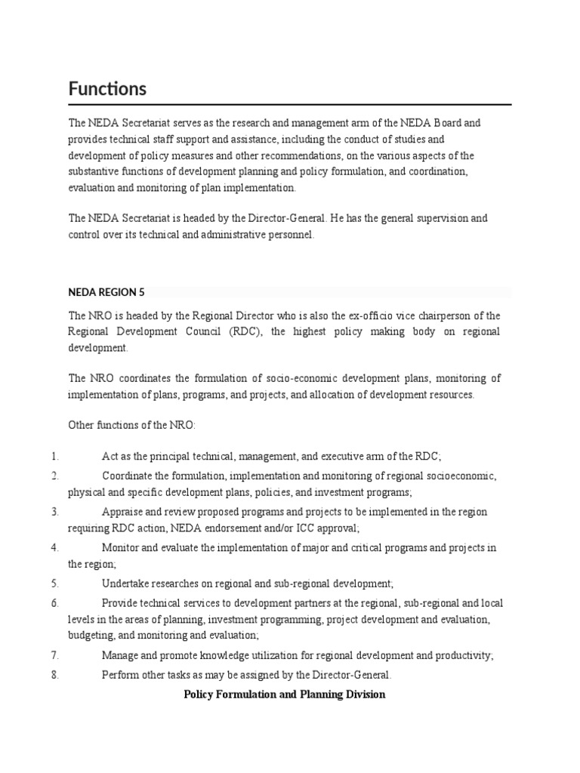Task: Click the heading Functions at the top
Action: click(x=107, y=89)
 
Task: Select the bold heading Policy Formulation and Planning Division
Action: click(x=285, y=694)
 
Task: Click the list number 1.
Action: click(x=55, y=456)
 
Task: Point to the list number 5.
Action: click(x=55, y=584)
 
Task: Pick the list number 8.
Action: click(x=55, y=675)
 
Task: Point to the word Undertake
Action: click(x=125, y=584)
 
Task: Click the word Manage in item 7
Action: click(x=119, y=656)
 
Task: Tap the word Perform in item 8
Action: click(x=120, y=675)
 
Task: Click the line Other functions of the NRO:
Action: click(x=132, y=425)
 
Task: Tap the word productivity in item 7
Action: click(x=465, y=656)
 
